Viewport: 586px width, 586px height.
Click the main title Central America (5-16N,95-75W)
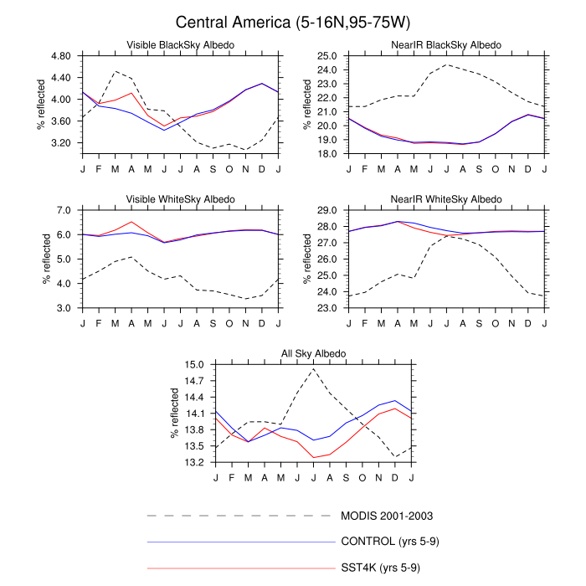coord(293,22)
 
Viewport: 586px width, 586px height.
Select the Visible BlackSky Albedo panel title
coord(180,44)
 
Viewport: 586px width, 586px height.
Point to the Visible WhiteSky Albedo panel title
coord(180,199)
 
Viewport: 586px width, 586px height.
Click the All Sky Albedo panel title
coord(313,354)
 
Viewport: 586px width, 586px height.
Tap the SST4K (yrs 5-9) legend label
coord(381,568)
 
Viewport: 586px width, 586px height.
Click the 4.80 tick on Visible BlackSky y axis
coord(59,56)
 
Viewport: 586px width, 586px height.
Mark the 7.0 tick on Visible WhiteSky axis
coord(65,210)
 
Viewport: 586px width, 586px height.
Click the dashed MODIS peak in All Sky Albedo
coord(314,369)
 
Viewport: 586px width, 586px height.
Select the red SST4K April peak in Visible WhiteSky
coord(131,222)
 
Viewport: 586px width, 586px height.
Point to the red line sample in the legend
coord(240,568)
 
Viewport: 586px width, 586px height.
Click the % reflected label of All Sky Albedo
coord(176,414)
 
